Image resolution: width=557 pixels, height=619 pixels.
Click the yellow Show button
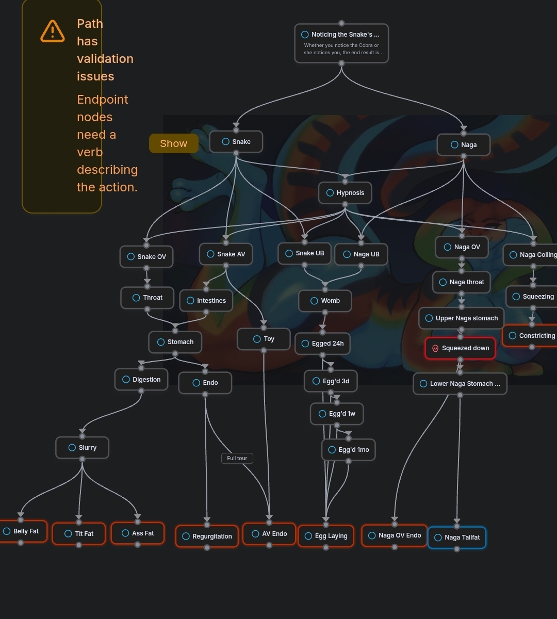point(173,143)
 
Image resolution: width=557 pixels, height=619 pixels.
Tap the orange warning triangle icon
point(53,31)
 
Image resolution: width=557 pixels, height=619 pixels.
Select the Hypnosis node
point(345,193)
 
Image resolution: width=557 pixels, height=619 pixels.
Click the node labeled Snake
point(236,142)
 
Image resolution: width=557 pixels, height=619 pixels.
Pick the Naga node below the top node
point(463,145)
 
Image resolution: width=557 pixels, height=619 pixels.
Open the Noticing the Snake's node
point(341,43)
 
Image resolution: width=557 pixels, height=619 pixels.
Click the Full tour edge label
point(237,458)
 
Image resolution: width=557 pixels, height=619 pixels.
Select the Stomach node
point(175,342)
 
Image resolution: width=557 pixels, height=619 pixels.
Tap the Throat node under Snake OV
point(147,298)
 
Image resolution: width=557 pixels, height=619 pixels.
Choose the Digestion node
point(141,380)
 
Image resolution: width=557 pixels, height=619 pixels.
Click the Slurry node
point(83,448)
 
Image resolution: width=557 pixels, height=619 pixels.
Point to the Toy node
point(264,339)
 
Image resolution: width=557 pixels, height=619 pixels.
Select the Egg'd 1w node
point(337,414)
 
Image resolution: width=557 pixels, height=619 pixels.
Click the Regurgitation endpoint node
point(207,536)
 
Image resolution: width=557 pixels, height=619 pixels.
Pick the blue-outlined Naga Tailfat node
point(456,537)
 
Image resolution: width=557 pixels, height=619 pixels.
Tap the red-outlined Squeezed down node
point(460,348)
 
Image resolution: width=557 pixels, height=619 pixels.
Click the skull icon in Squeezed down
point(435,349)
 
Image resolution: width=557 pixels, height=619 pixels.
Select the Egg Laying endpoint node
point(326,536)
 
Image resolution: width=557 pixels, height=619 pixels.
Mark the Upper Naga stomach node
point(461,318)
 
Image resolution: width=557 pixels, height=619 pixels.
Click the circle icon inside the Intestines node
point(190,301)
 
